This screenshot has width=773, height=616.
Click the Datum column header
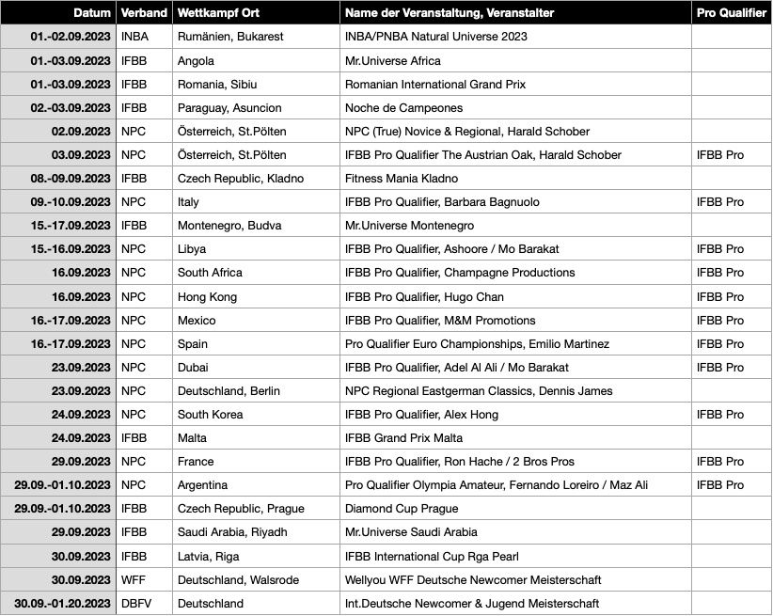click(92, 13)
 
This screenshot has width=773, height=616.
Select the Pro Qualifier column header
click(731, 13)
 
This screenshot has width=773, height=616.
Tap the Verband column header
click(144, 13)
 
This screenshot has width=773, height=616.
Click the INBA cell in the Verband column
click(136, 37)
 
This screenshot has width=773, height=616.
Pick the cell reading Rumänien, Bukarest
click(230, 37)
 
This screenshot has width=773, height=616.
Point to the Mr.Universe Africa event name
click(393, 60)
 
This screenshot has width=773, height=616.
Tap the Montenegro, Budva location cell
click(229, 226)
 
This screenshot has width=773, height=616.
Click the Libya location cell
click(192, 249)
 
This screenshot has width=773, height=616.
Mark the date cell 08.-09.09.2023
click(71, 179)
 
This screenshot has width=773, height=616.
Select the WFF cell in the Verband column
click(134, 580)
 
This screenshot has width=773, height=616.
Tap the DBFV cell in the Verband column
click(137, 604)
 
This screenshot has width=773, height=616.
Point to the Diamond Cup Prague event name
click(402, 509)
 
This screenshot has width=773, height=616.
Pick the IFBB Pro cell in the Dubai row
click(720, 368)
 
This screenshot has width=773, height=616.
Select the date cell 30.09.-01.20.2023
click(63, 604)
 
